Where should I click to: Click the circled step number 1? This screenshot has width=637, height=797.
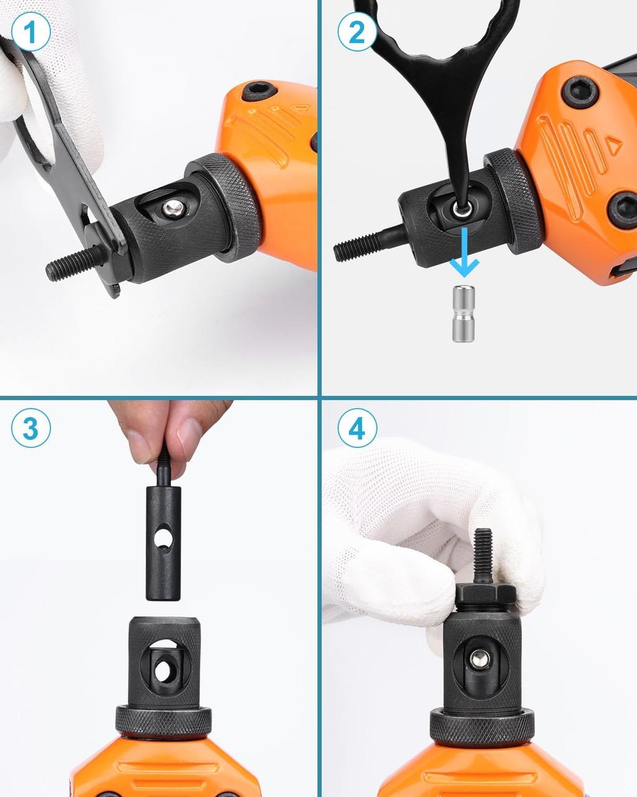[30, 31]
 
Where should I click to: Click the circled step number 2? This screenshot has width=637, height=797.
[357, 31]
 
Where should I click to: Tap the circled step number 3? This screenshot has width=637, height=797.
[30, 428]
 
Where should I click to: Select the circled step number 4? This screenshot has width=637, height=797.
[357, 428]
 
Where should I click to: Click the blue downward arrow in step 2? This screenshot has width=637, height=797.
[464, 252]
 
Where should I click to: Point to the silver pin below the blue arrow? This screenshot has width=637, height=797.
[463, 313]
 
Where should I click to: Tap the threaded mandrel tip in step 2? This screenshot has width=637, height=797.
[367, 243]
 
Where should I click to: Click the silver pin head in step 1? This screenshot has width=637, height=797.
[173, 208]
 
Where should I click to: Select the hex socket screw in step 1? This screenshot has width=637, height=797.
[260, 91]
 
